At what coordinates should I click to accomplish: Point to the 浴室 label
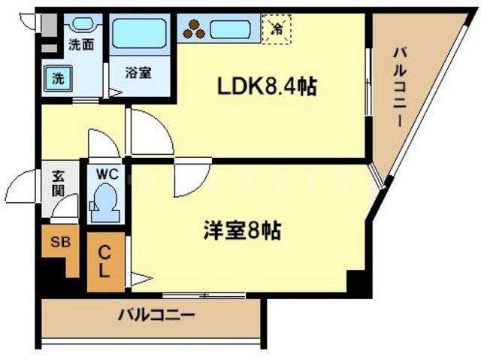click(x=138, y=73)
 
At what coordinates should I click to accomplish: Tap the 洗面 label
click(x=80, y=44)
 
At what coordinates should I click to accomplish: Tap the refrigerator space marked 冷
click(x=276, y=30)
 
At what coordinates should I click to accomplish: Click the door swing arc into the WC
click(x=98, y=143)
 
